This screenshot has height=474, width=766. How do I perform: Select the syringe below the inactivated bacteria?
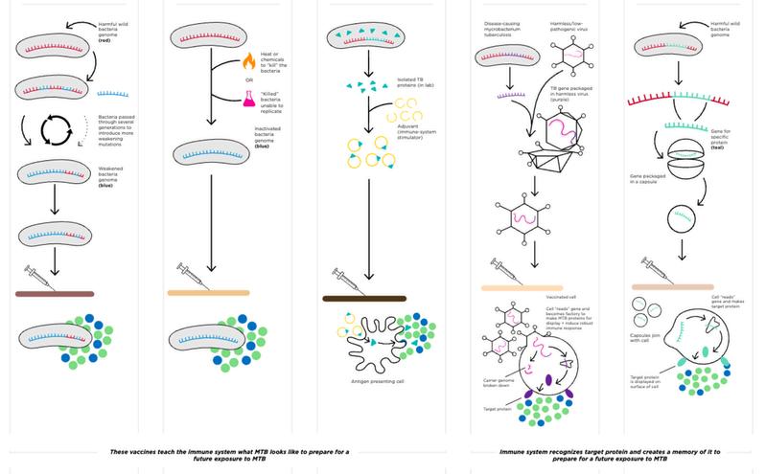point(197,278)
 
